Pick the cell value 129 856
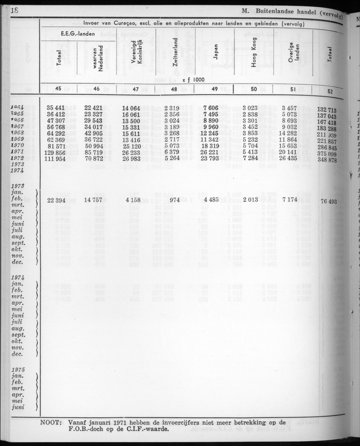click(56, 152)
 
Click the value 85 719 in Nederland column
click(94, 152)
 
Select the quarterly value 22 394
click(56, 200)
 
